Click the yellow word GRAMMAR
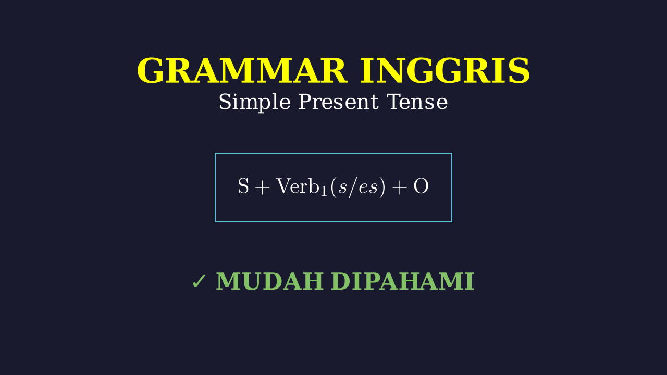(x=242, y=71)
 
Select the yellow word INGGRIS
(x=445, y=71)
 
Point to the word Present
(x=338, y=102)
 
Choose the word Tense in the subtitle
(x=417, y=102)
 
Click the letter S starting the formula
(x=243, y=186)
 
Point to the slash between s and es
(x=353, y=186)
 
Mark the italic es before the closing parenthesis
(x=368, y=188)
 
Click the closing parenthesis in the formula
(x=382, y=186)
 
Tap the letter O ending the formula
(x=421, y=186)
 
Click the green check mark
(x=199, y=281)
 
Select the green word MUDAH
(x=270, y=281)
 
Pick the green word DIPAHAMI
(x=403, y=281)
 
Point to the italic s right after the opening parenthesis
(x=343, y=188)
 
